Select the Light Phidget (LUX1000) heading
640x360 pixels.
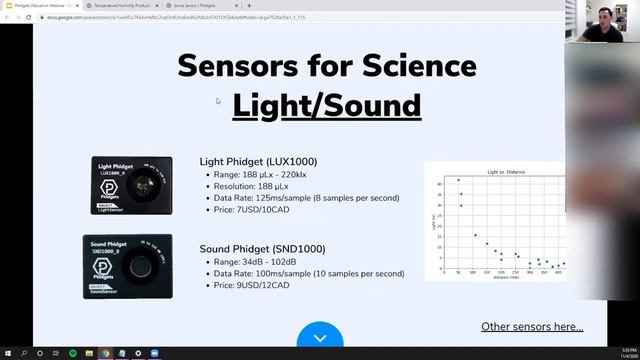(x=258, y=161)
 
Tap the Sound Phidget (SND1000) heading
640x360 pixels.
(x=262, y=248)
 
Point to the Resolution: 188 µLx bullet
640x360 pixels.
(x=264, y=186)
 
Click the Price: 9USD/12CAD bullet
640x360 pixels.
(x=251, y=285)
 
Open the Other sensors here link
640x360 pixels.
(x=532, y=326)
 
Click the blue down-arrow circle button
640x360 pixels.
(x=320, y=338)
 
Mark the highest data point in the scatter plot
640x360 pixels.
(x=458, y=181)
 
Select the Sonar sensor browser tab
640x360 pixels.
(x=194, y=5)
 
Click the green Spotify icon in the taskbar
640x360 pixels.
(x=72, y=353)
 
